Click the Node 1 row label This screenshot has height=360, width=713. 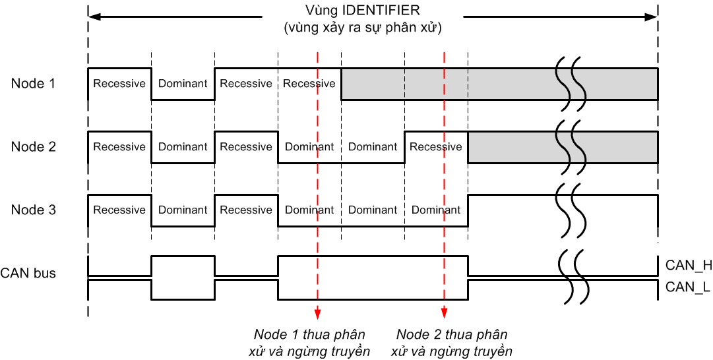(x=33, y=84)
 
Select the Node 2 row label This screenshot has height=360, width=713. (x=33, y=147)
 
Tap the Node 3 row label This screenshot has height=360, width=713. (x=33, y=210)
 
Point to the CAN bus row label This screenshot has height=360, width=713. (x=28, y=273)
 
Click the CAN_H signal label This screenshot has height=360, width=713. (x=688, y=266)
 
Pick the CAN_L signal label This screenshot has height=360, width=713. (x=687, y=287)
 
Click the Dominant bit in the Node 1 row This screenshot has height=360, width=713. (x=183, y=84)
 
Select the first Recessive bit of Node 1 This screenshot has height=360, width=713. (x=119, y=84)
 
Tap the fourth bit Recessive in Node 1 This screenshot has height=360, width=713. (x=309, y=84)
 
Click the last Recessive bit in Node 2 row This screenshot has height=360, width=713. (x=436, y=147)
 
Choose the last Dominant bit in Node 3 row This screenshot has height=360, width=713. (x=436, y=210)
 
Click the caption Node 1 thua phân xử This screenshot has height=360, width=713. (x=309, y=342)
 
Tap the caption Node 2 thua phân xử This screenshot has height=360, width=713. (x=452, y=342)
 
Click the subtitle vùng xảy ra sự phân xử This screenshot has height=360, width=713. (x=363, y=29)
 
